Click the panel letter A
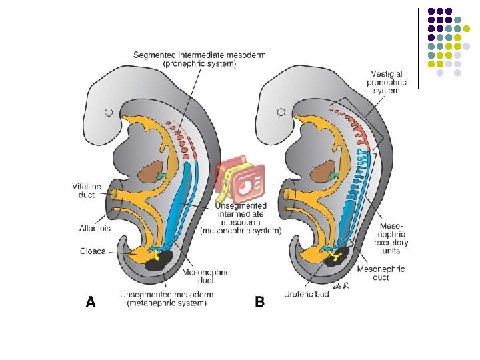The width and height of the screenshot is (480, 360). pyautogui.click(x=91, y=302)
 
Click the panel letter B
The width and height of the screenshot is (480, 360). pyautogui.click(x=260, y=302)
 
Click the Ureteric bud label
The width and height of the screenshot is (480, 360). pyautogui.click(x=307, y=293)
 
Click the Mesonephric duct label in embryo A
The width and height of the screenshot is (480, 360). pyautogui.click(x=206, y=276)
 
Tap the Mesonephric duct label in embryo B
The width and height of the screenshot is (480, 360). pyautogui.click(x=381, y=274)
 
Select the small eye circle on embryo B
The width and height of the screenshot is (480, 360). pyautogui.click(x=282, y=112)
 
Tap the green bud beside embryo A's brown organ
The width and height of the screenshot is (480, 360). pyautogui.click(x=162, y=176)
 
